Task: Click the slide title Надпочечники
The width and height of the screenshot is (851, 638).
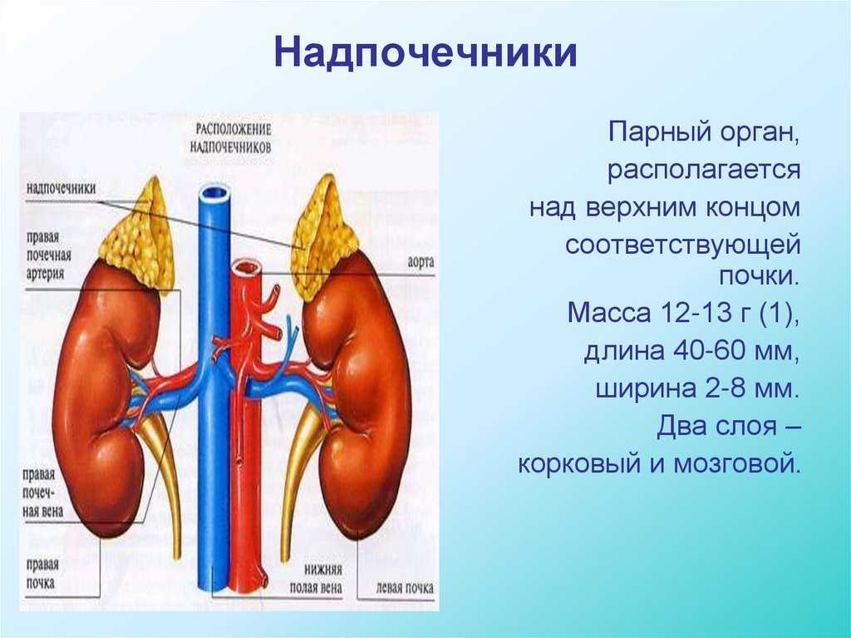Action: pos(425,53)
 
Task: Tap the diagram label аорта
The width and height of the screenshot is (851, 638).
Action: pos(421,262)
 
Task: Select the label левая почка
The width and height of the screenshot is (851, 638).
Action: pos(405,587)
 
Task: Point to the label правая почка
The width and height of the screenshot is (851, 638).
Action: pos(42,573)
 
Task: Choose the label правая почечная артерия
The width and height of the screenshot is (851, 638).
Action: pos(48,255)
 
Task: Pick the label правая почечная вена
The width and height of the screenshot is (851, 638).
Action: pos(42,493)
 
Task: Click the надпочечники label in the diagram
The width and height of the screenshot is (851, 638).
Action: pos(61,188)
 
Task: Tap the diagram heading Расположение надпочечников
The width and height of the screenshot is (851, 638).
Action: pos(234,138)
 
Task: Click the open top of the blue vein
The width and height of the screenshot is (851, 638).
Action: pos(215,194)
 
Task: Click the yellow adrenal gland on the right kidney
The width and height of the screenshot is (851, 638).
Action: pos(322,236)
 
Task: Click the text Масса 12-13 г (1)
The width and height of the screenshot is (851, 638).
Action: pos(683,314)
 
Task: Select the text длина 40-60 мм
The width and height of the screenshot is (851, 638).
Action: pos(692,351)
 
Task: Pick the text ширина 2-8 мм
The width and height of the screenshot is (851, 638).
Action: pos(697,389)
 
